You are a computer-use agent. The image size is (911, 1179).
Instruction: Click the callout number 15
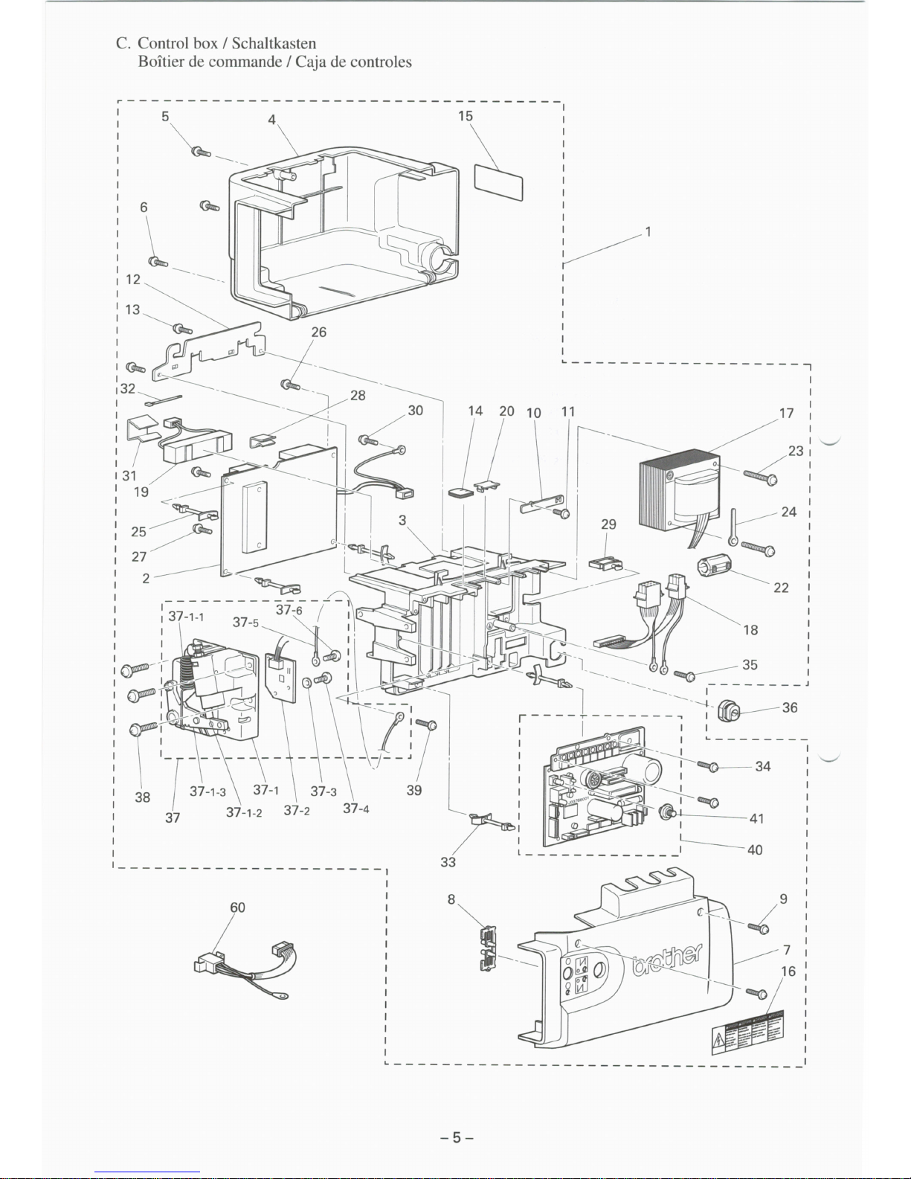(x=466, y=116)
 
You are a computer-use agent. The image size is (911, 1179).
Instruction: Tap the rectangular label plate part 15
(x=499, y=181)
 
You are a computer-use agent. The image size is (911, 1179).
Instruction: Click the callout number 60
(x=237, y=907)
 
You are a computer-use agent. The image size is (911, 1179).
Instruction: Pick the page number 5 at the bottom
(x=457, y=1137)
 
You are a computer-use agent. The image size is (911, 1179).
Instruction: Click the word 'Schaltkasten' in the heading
(x=274, y=43)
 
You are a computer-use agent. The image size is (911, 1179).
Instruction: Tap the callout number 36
(x=790, y=707)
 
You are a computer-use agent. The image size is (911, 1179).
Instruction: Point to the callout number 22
(x=781, y=588)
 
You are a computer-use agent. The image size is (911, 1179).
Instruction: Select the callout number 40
(x=755, y=849)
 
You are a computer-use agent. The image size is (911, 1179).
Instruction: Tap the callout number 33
(x=448, y=862)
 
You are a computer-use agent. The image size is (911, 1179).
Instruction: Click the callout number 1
(x=648, y=231)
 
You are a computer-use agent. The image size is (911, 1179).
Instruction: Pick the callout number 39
(x=414, y=790)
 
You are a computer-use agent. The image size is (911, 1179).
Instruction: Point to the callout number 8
(x=451, y=899)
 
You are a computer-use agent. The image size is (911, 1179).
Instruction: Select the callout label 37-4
(x=355, y=809)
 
